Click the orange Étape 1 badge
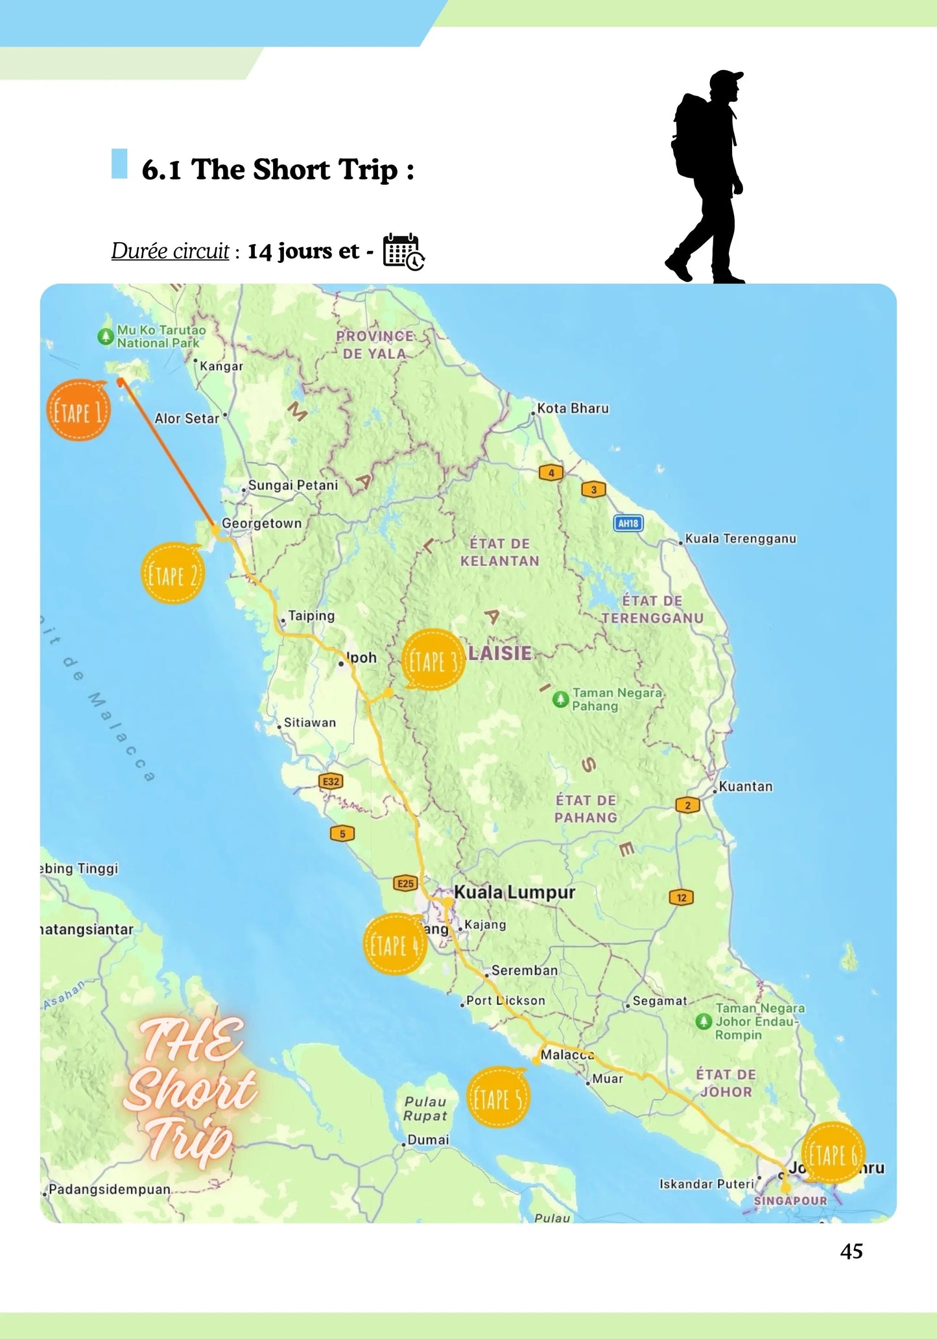point(78,411)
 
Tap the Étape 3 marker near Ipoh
point(433,660)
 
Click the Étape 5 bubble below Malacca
point(497,1098)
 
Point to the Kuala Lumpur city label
point(514,892)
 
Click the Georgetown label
point(261,524)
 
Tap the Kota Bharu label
point(573,408)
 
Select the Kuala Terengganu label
point(740,538)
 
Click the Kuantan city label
point(745,786)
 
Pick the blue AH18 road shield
point(628,523)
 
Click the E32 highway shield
point(331,782)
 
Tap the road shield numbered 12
point(681,898)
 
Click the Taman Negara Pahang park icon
point(560,699)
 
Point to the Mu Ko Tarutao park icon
point(105,336)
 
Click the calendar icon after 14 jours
point(403,251)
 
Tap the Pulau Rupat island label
point(425,1108)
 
